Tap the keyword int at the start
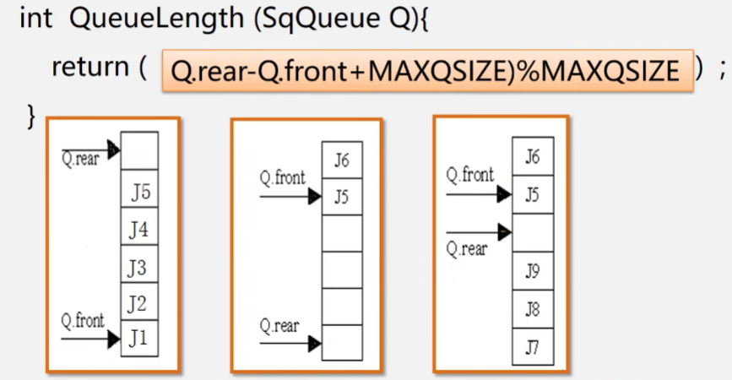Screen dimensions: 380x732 [35, 19]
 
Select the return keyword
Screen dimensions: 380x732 [89, 68]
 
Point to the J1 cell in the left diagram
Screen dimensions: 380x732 [139, 339]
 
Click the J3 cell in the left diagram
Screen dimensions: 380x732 [139, 269]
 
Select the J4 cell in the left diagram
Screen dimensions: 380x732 [139, 229]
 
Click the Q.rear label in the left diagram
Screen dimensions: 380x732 [80, 159]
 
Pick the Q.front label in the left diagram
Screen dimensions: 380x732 [83, 321]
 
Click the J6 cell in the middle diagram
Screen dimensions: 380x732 [342, 160]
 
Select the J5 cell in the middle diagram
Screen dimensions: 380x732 [342, 197]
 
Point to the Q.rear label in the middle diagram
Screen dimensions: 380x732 [279, 326]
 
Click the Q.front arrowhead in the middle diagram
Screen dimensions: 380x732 [316, 198]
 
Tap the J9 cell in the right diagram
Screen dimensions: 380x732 [532, 271]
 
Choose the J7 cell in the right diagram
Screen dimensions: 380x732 [532, 345]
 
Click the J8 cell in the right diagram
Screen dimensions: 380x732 [532, 308]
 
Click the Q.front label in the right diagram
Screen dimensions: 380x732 [470, 176]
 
